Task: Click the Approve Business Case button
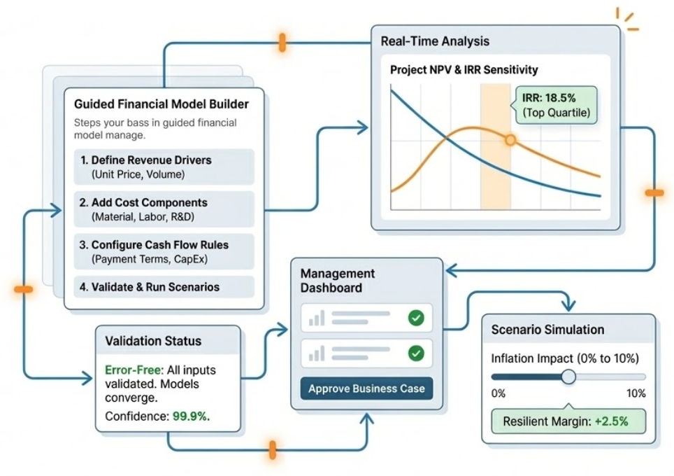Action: tap(366, 388)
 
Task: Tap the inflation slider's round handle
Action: tap(568, 377)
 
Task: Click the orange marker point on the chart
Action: tap(510, 141)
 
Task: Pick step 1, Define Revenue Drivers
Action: tap(164, 167)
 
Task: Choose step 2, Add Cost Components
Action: tap(164, 209)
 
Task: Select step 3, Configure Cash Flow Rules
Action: tap(164, 252)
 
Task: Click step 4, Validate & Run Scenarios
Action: tap(164, 287)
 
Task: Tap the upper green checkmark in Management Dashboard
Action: tap(416, 318)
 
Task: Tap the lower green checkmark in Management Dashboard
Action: tap(416, 353)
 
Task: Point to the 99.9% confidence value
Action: tap(191, 416)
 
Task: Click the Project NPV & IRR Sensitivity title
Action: tap(464, 70)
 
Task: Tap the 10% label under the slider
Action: tap(636, 393)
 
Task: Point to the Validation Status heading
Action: tap(153, 342)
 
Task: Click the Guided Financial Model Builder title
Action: tap(161, 105)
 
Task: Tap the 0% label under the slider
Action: tap(499, 393)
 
